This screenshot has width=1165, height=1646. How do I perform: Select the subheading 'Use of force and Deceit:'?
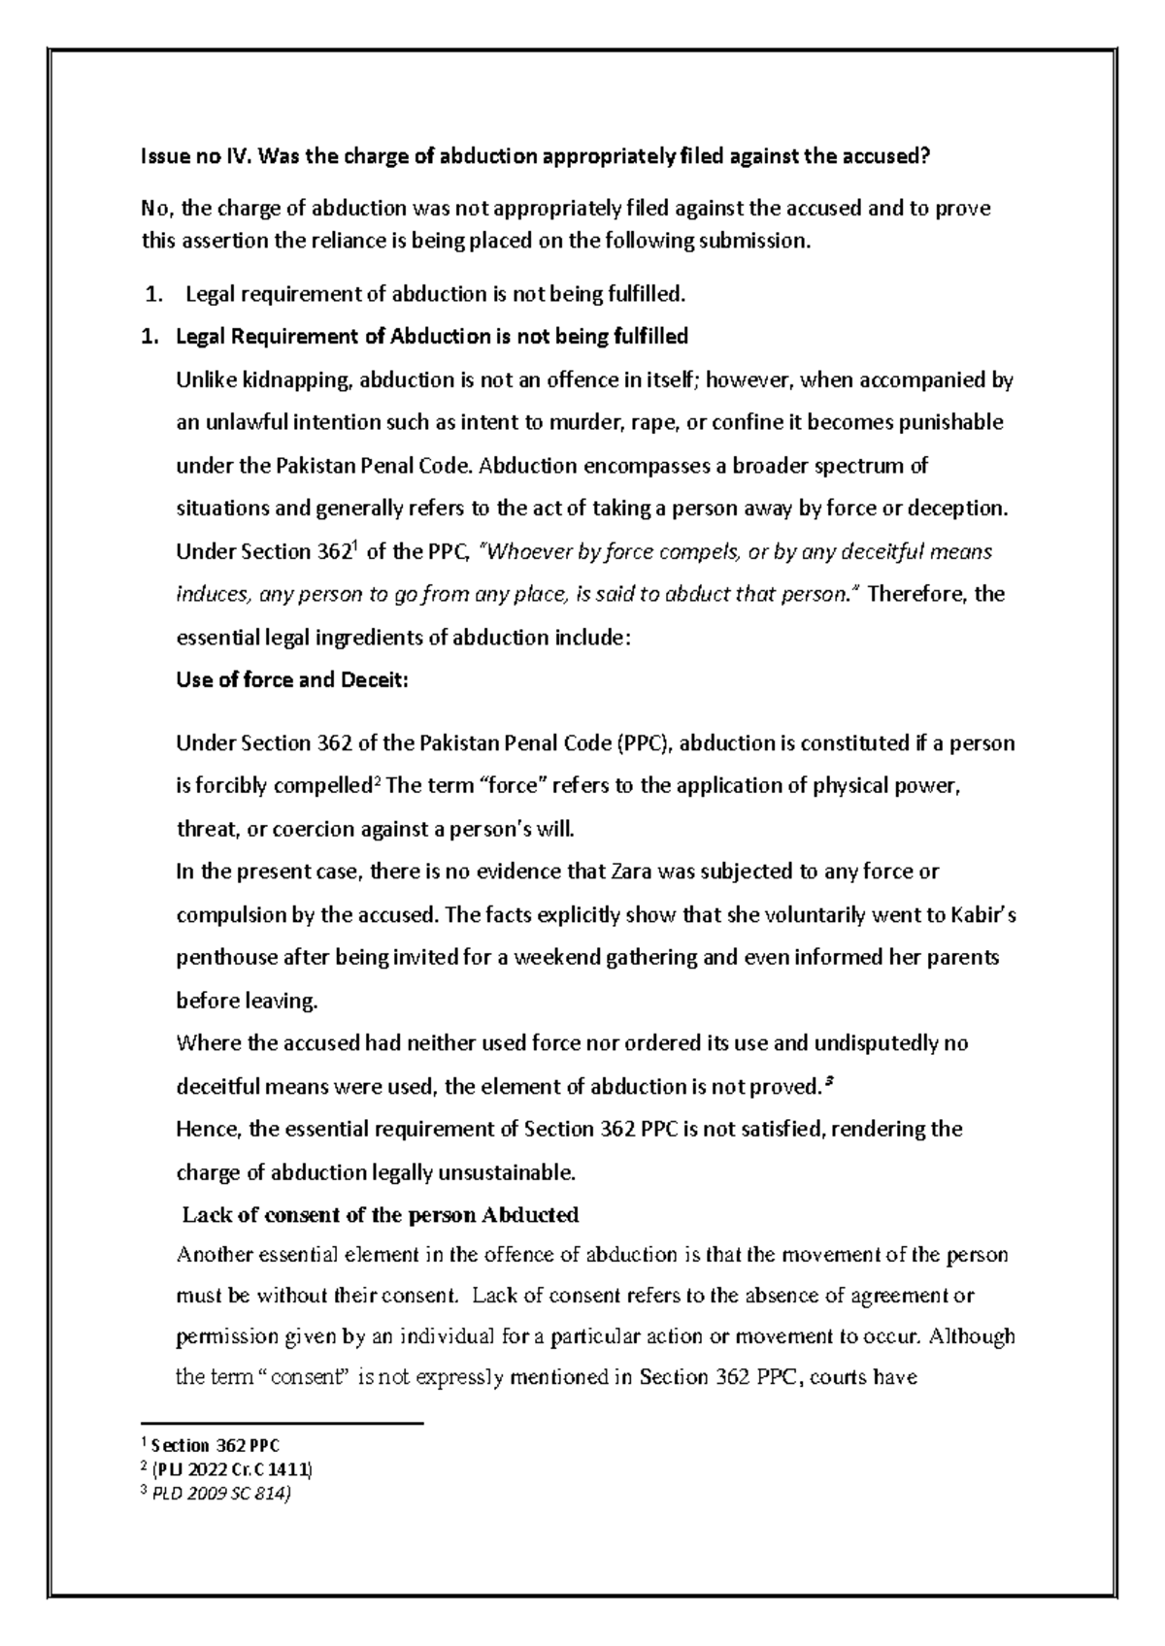(x=292, y=680)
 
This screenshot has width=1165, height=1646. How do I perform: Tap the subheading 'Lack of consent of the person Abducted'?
(x=381, y=1215)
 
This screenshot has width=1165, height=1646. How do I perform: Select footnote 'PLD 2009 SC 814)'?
(x=221, y=1494)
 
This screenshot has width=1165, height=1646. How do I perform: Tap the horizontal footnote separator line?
(x=283, y=1424)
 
